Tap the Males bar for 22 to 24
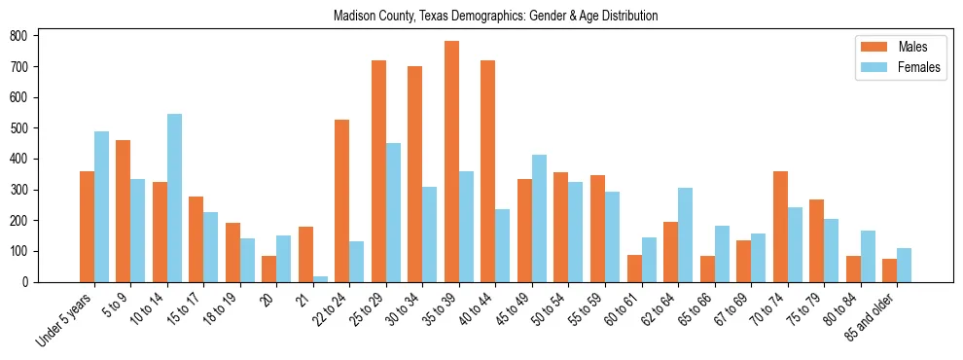pos(342,200)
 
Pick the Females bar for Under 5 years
pos(101,206)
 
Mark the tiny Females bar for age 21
pos(320,279)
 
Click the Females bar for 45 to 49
pos(539,218)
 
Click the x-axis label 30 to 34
pos(401,309)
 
